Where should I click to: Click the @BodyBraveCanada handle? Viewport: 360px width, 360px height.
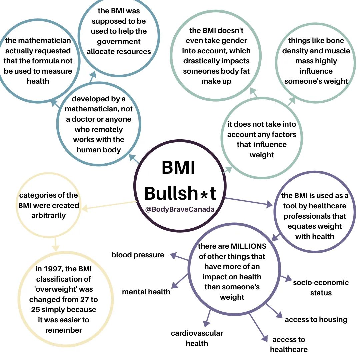click(x=180, y=210)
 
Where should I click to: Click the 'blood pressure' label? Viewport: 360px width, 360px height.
click(x=138, y=255)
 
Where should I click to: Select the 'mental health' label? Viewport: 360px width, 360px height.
click(x=146, y=292)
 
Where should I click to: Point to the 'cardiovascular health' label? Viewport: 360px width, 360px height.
click(x=197, y=338)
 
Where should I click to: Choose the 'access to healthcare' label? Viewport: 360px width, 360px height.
click(x=289, y=344)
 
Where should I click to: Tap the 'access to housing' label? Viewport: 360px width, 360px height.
click(x=316, y=320)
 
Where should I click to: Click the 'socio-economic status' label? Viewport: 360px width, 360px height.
click(x=321, y=288)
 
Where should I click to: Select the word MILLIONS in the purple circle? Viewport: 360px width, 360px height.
click(x=249, y=246)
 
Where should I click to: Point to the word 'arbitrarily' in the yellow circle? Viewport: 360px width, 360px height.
click(x=49, y=215)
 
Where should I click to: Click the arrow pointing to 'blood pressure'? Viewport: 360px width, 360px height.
click(x=179, y=257)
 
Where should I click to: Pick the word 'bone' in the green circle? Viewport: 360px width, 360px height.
click(x=334, y=41)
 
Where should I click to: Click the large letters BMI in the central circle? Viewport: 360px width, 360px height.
click(x=178, y=167)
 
